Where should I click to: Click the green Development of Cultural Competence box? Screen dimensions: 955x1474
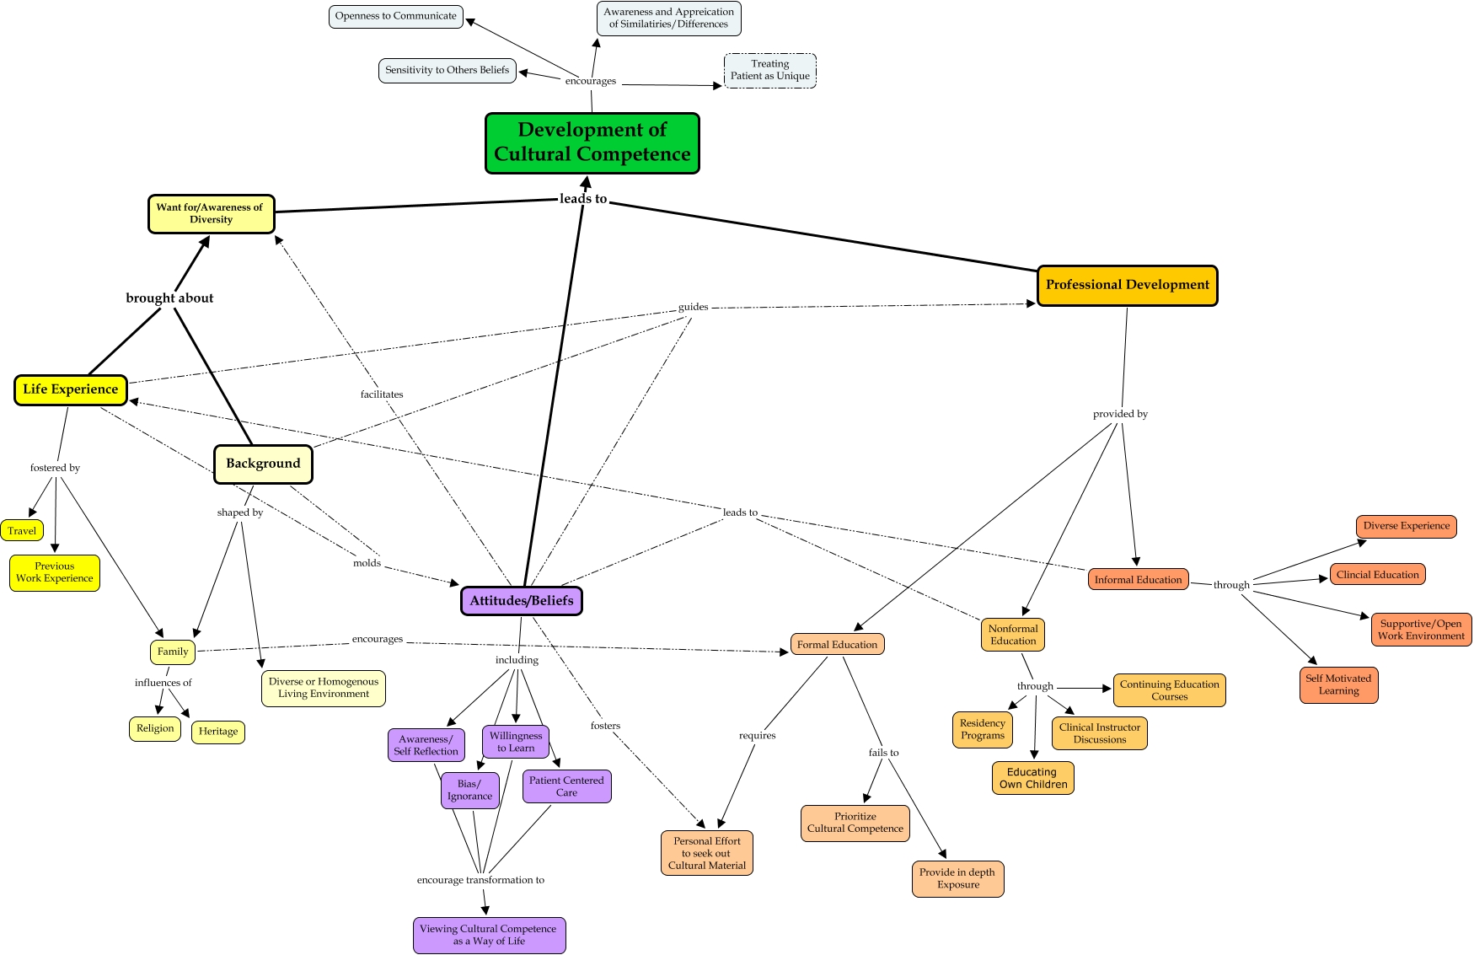[592, 142]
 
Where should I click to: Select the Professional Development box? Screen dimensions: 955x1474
[1127, 285]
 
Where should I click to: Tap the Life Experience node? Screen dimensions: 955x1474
[70, 389]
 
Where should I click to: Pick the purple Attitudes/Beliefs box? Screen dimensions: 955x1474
[521, 601]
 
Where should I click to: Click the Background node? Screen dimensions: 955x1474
[263, 464]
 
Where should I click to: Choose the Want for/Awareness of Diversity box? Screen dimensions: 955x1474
[211, 213]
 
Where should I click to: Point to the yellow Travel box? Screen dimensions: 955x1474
[22, 531]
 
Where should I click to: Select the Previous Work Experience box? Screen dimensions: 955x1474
[55, 572]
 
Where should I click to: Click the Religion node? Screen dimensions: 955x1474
[155, 728]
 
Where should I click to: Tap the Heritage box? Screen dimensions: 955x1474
[218, 732]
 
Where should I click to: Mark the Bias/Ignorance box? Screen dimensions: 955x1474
[469, 790]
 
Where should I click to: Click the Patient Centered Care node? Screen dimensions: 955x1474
[566, 786]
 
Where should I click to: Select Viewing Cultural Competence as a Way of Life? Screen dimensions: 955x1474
[489, 935]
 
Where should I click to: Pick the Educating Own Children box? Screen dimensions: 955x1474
[1032, 778]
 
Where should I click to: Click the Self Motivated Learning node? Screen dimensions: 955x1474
[1338, 684]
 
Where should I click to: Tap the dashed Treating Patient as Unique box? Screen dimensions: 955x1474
[769, 70]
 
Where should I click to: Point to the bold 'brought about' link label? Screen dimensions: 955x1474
[169, 298]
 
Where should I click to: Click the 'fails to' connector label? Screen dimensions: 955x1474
[883, 753]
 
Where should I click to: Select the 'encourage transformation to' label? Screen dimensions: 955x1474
[480, 880]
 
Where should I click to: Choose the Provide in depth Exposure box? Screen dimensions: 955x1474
[957, 878]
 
